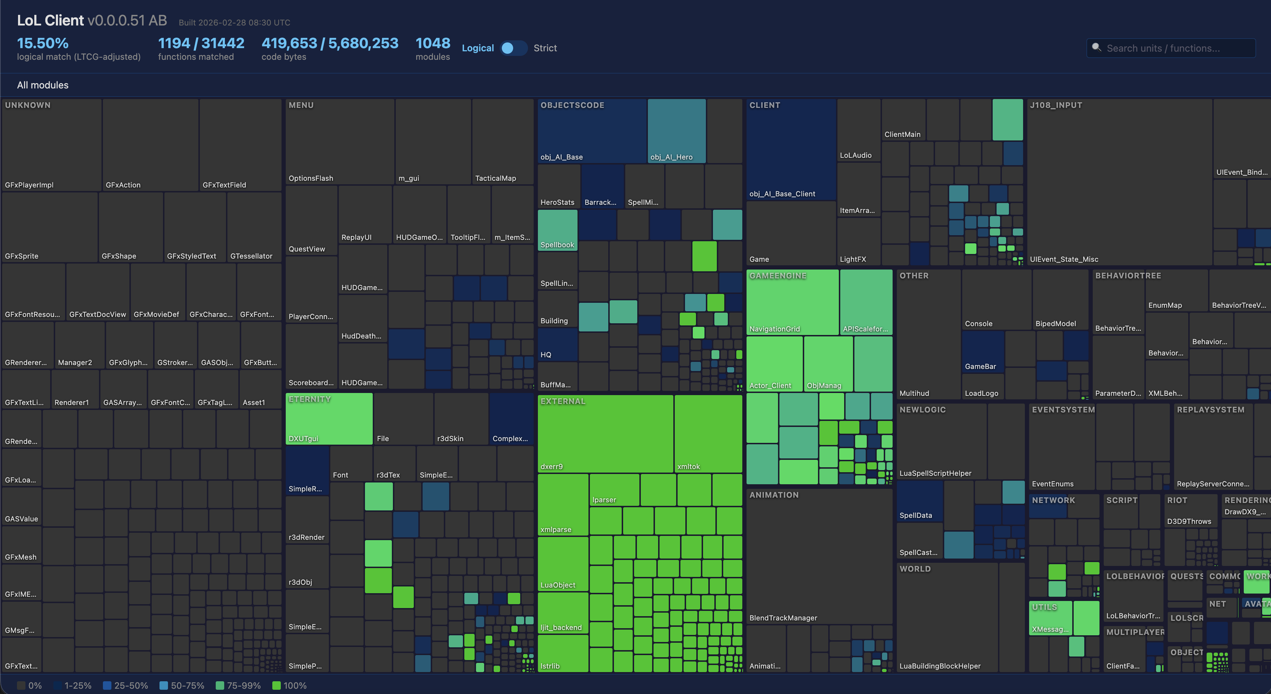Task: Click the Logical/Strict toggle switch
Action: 513,48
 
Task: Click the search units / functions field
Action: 1170,48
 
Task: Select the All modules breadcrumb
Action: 43,85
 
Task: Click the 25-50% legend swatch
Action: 106,686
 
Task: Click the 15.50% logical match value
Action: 43,44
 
